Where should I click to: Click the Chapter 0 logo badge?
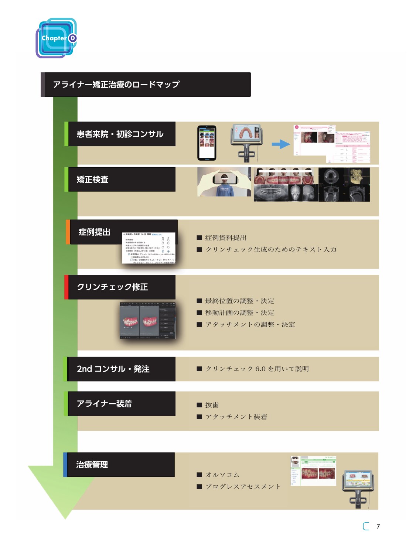[57, 38]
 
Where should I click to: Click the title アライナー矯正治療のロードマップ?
[116, 85]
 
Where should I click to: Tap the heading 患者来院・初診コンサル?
[120, 134]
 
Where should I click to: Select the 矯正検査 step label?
[93, 179]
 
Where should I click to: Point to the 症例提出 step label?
[95, 232]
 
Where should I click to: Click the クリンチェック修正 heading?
[112, 287]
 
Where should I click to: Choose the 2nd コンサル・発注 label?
[113, 369]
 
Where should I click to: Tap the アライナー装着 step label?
[104, 404]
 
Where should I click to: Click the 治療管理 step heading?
[92, 465]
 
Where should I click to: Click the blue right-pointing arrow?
[281, 144]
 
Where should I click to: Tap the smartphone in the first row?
[207, 143]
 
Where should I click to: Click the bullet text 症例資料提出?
[226, 238]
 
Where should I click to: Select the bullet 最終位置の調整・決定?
[240, 301]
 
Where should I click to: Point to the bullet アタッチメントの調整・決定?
[250, 325]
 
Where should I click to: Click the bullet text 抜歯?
[212, 405]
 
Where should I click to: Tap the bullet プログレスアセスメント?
[243, 487]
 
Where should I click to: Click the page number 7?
[378, 526]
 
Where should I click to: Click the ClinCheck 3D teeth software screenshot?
[147, 320]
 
